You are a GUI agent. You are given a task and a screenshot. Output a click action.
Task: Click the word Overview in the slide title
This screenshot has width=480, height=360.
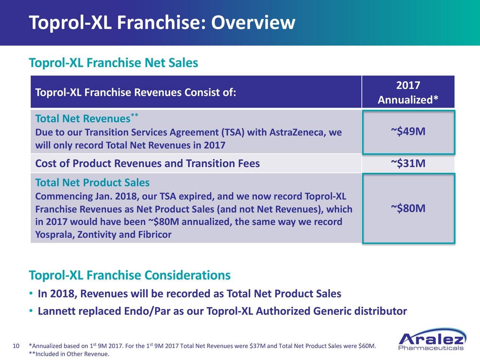point(253,22)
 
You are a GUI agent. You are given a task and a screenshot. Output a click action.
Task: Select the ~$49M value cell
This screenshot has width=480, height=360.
point(408,132)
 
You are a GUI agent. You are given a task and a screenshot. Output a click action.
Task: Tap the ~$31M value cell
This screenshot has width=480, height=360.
point(408,163)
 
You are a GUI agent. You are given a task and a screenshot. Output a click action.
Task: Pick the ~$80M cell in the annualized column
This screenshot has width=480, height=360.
point(408,208)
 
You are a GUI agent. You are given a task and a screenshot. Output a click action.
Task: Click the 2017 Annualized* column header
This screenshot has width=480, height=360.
point(408,92)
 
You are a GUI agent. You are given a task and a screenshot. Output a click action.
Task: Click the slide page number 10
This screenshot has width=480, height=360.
point(16,346)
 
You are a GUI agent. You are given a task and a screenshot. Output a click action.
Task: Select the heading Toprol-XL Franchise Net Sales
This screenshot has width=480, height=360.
point(113,63)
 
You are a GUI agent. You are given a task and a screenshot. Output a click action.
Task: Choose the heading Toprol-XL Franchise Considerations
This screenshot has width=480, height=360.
point(130,275)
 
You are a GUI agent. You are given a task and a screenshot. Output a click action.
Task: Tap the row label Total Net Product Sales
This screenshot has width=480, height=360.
point(92,183)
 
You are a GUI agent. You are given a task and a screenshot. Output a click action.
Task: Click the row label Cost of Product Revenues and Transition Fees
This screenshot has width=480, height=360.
point(147,163)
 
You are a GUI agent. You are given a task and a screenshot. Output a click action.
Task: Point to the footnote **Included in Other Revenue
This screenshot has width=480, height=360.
point(69,354)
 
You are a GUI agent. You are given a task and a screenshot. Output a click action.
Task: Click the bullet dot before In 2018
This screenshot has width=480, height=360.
point(31,293)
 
